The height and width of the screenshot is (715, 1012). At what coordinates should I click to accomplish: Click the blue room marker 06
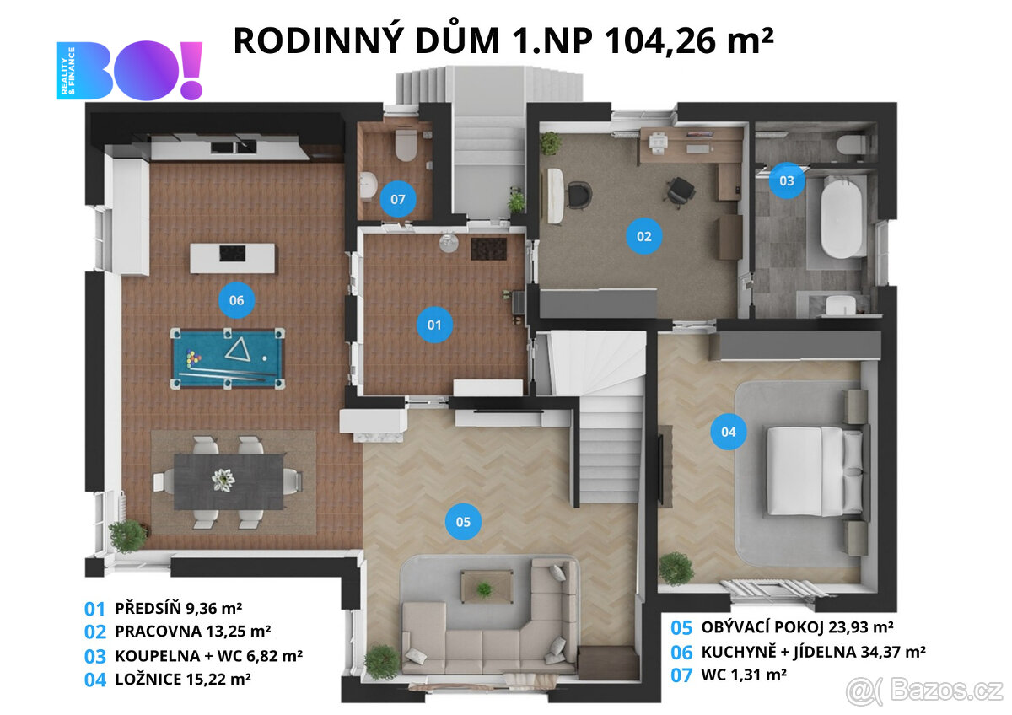coord(236,299)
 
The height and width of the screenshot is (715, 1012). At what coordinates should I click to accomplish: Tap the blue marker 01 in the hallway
coord(434,324)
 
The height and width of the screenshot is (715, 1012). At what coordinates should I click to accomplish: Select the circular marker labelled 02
coord(643,236)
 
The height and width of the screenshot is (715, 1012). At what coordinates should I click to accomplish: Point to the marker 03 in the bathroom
coord(786,180)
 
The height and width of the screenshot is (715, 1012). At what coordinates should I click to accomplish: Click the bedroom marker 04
coord(729,432)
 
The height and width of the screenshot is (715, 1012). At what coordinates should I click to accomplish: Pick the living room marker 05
coord(463,522)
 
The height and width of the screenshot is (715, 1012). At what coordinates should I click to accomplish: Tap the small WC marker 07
coord(398,200)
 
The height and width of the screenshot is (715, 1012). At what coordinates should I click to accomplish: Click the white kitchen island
coord(232,257)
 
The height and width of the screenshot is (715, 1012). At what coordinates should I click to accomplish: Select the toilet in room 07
coord(406,145)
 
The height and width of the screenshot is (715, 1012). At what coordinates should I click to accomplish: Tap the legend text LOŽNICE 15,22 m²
coord(181,677)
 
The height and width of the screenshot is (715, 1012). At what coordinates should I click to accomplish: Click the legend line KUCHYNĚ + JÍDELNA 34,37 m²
coord(814,651)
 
